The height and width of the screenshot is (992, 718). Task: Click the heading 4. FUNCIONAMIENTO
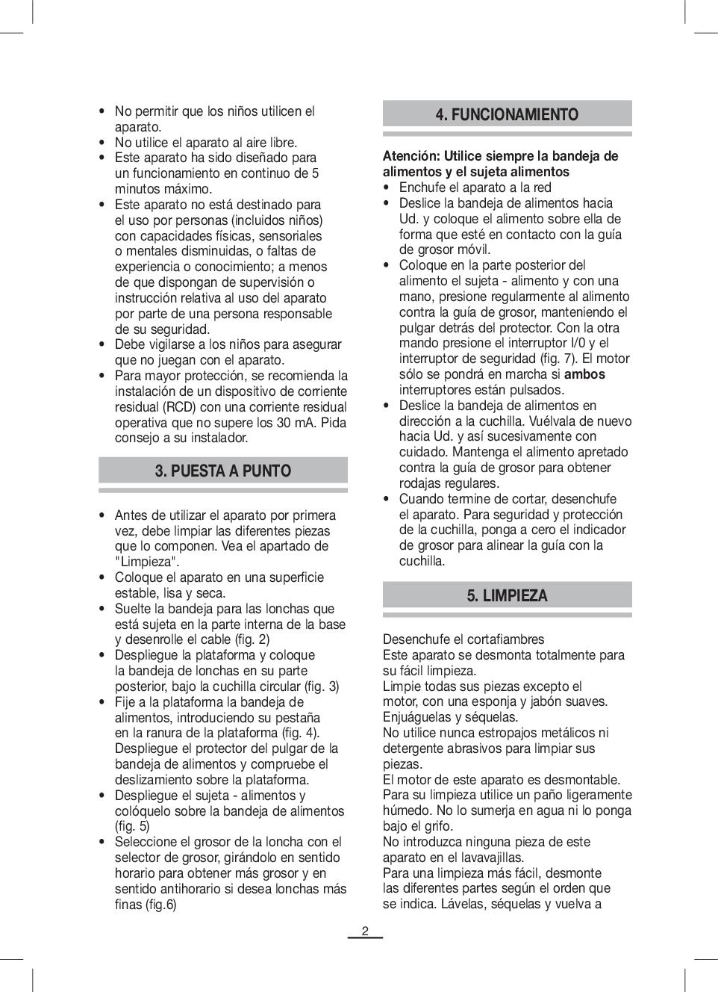tap(507, 114)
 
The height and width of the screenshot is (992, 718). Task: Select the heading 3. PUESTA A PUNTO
tap(223, 471)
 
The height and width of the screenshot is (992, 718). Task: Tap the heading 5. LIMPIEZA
tap(507, 595)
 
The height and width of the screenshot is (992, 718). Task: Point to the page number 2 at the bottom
tap(365, 931)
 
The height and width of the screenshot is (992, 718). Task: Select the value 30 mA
tap(294, 423)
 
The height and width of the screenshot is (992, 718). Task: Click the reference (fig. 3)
tap(322, 686)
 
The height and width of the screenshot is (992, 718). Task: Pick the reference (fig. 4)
tap(302, 733)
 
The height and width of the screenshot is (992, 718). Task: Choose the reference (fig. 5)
tap(132, 826)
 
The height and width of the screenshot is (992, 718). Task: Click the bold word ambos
tap(584, 374)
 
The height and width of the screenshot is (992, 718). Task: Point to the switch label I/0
tap(578, 343)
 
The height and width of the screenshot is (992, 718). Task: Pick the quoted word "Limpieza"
tap(147, 562)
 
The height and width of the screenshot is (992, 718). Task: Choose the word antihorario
tap(197, 889)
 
